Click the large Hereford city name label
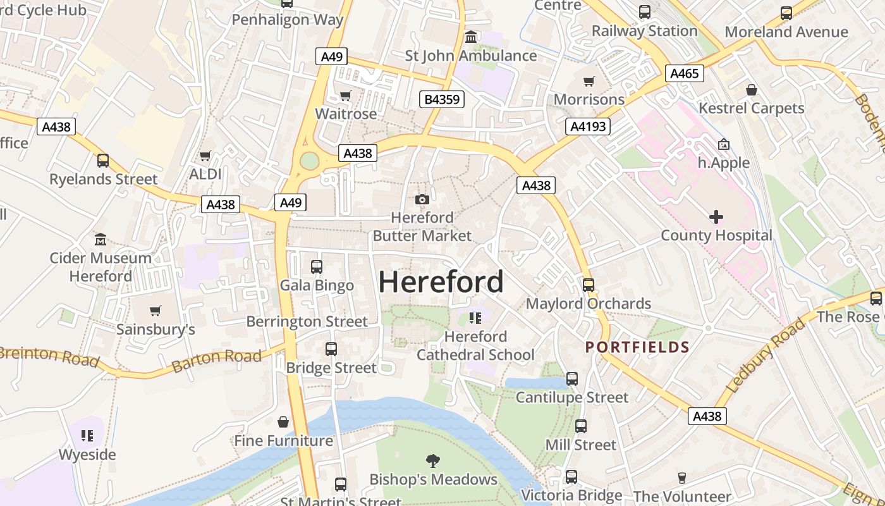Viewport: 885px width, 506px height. click(x=441, y=282)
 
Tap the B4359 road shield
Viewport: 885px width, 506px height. click(x=442, y=99)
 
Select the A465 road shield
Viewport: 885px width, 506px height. click(x=685, y=74)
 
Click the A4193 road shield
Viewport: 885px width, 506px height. click(x=587, y=126)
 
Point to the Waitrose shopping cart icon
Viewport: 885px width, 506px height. click(x=345, y=96)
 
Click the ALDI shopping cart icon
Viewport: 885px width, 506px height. click(x=205, y=156)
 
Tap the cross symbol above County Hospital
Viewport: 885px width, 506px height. click(x=716, y=218)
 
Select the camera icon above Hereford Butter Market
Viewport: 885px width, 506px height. click(x=422, y=200)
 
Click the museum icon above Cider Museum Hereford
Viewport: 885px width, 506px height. click(x=101, y=240)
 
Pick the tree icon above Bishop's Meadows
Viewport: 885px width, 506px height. click(x=433, y=460)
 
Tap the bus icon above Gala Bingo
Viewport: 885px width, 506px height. click(x=317, y=267)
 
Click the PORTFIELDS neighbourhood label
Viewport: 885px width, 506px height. click(x=637, y=347)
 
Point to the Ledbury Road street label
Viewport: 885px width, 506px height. click(x=766, y=355)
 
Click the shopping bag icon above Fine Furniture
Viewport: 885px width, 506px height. click(x=283, y=422)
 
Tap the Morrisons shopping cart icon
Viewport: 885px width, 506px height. click(x=589, y=81)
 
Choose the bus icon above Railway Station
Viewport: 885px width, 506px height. click(x=644, y=12)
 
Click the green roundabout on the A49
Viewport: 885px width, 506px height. click(x=309, y=161)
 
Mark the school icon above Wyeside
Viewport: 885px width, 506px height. click(x=87, y=436)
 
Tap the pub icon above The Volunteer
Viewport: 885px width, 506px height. click(x=681, y=478)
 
